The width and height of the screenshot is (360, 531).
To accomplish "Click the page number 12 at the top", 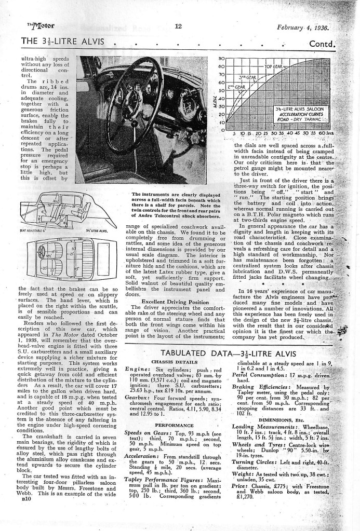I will (178, 26).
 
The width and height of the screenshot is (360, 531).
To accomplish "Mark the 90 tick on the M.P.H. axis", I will (221, 59).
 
